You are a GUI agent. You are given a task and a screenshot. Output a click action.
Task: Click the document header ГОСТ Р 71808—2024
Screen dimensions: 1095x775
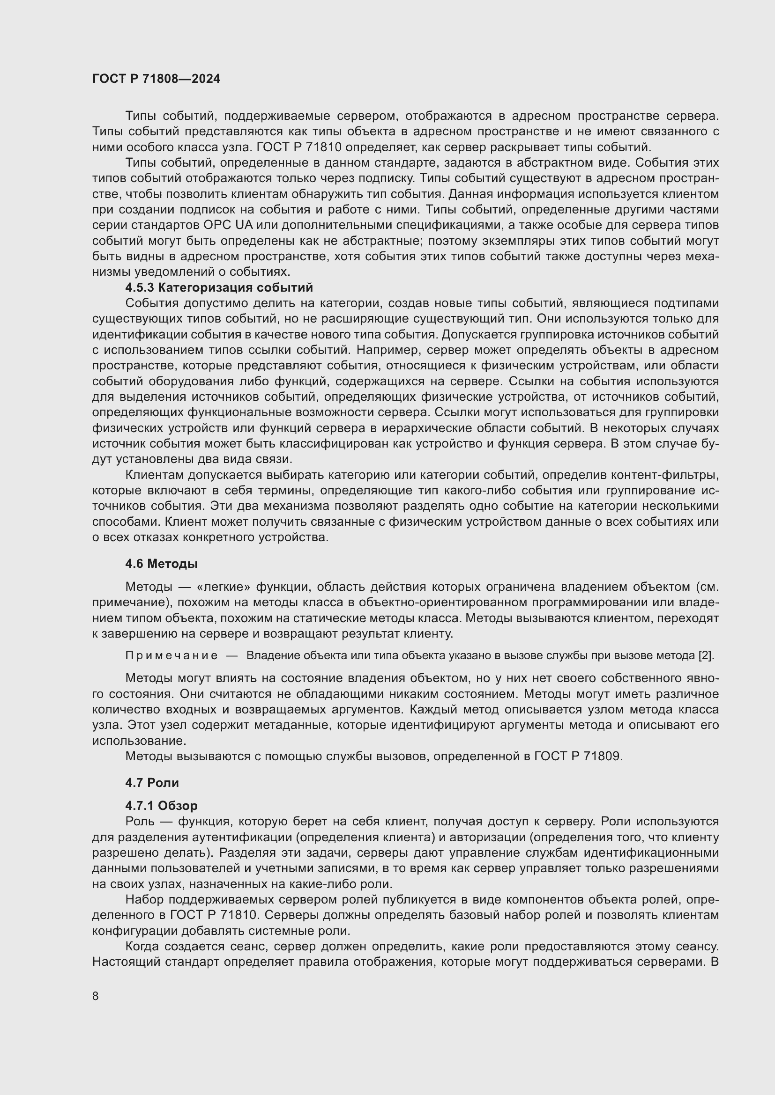pos(156,79)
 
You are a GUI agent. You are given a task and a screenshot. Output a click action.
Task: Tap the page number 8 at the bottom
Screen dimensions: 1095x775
pos(96,996)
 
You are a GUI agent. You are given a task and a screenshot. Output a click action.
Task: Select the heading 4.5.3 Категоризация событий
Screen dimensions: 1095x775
pos(219,287)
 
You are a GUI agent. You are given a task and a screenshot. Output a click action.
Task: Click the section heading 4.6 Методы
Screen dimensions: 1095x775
pos(161,564)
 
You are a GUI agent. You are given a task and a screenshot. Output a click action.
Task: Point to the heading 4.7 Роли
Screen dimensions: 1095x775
pos(152,783)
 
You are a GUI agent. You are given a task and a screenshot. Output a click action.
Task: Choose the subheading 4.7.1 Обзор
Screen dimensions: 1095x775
pos(161,806)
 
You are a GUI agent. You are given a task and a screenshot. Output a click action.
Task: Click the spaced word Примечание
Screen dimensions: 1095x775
pos(171,656)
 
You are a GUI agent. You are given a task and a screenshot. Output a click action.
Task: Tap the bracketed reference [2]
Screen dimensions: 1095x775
pos(706,656)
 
